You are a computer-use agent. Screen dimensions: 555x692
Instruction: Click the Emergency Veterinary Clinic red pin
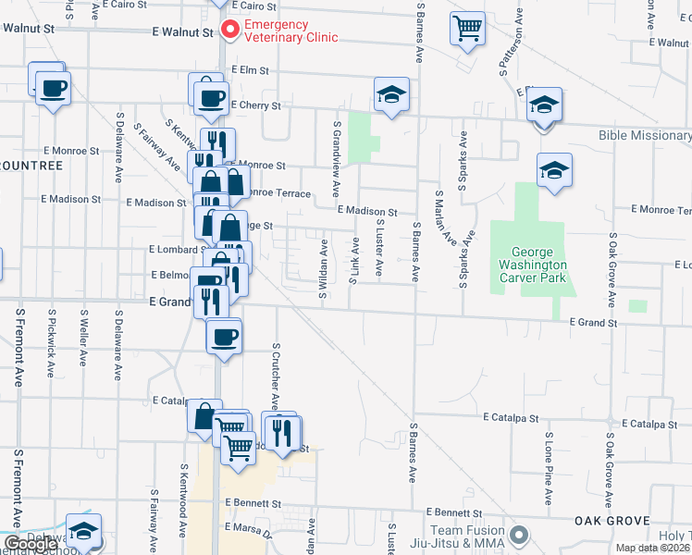pos(228,30)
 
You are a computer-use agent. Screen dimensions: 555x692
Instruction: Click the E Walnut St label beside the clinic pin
pos(182,31)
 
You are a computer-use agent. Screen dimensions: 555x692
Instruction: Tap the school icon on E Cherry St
pos(391,94)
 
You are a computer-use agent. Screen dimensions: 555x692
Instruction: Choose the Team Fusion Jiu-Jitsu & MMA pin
pos(519,535)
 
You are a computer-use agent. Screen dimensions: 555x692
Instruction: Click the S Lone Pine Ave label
pos(549,467)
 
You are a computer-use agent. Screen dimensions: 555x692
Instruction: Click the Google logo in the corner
pos(31,544)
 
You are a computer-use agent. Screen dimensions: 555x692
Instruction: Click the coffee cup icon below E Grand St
pos(223,336)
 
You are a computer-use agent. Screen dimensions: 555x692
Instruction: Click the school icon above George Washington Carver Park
pos(553,170)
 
